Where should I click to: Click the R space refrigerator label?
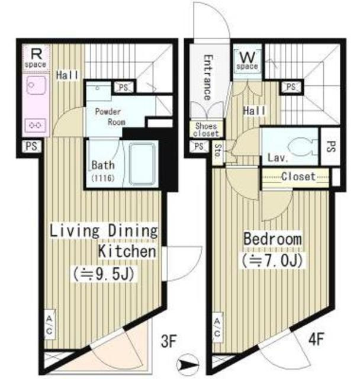click(x=36, y=58)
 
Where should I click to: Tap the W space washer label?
click(x=247, y=60)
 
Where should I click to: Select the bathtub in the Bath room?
click(x=142, y=164)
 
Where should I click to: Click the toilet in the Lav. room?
click(x=301, y=146)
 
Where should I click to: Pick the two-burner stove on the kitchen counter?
click(x=36, y=125)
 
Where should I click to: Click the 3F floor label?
click(x=169, y=341)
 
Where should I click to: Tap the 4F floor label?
click(x=316, y=339)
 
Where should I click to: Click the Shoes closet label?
click(x=206, y=130)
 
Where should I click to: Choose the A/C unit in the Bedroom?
click(x=217, y=327)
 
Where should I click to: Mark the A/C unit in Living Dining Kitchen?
click(x=50, y=325)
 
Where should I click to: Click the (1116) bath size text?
click(x=102, y=178)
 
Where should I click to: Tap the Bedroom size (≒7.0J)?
click(x=272, y=261)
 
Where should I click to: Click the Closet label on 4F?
click(x=298, y=176)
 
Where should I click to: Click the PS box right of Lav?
click(x=330, y=146)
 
